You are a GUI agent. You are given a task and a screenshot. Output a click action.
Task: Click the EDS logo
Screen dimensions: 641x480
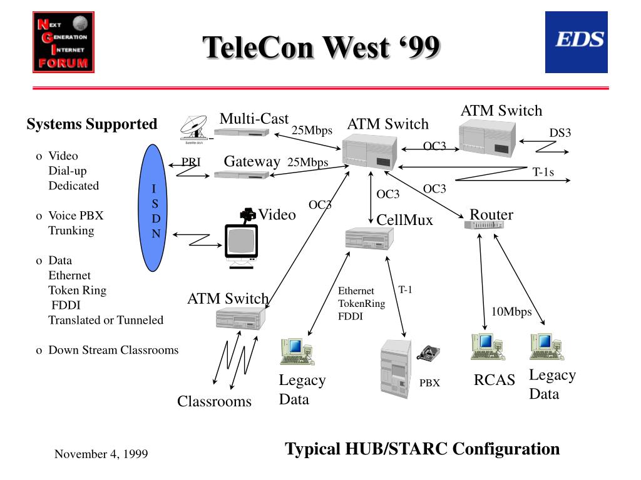click(576, 42)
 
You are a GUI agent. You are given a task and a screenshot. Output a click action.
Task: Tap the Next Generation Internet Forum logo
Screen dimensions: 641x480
click(63, 42)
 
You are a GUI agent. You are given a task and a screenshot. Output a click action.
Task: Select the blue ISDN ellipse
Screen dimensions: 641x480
click(153, 207)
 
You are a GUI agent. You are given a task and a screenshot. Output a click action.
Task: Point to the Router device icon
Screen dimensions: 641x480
click(484, 224)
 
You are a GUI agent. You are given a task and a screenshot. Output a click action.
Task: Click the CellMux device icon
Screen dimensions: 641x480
click(369, 238)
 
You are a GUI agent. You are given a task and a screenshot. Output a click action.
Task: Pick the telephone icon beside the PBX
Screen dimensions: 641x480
click(428, 353)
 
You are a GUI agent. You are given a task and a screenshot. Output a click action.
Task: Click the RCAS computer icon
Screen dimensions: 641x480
click(487, 347)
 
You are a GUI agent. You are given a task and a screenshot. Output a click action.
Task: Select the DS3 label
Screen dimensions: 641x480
click(560, 133)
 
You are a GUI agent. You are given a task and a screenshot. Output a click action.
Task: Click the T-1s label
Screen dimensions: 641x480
click(543, 172)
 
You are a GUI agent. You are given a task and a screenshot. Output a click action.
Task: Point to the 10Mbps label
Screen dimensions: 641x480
click(511, 312)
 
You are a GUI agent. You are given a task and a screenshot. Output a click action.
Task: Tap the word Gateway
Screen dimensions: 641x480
click(252, 162)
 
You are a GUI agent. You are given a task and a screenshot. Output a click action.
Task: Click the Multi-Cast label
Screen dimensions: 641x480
click(254, 119)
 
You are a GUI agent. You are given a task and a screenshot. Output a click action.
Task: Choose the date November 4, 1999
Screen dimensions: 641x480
click(101, 454)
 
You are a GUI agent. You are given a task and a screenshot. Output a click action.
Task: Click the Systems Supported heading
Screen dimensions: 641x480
click(92, 124)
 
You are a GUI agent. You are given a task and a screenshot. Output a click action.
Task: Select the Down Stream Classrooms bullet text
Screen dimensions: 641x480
click(113, 350)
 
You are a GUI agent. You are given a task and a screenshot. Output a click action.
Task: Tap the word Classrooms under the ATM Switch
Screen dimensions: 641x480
click(214, 402)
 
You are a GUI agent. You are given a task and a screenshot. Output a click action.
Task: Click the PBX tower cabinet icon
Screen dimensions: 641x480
click(396, 368)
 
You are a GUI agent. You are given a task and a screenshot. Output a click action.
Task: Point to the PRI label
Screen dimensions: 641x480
click(191, 162)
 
